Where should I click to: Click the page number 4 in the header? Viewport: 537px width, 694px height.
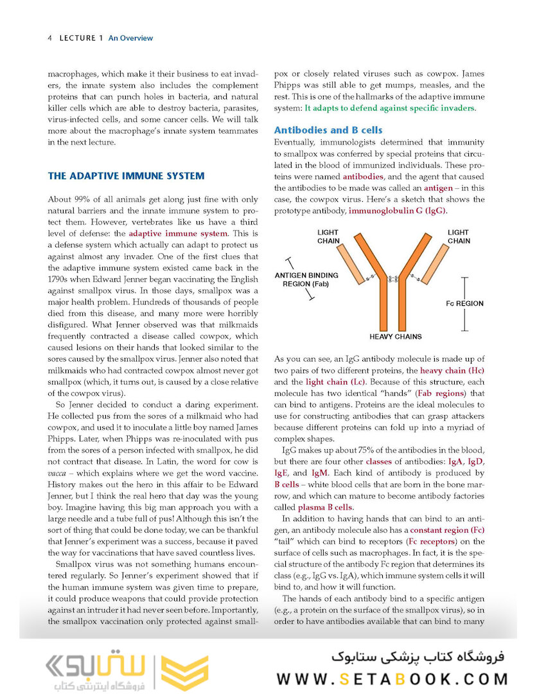click(49, 38)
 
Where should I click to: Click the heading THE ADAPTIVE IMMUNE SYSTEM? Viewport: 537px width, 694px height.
click(126, 175)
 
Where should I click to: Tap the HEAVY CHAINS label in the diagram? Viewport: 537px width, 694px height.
click(396, 336)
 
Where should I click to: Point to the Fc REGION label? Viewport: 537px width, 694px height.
click(464, 303)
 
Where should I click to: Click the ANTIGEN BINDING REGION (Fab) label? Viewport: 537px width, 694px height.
click(306, 280)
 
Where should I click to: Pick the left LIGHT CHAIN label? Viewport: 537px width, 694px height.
click(328, 236)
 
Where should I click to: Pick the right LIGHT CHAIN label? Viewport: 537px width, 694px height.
click(458, 236)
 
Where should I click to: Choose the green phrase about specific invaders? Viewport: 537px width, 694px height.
click(389, 108)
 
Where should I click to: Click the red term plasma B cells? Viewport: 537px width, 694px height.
click(325, 507)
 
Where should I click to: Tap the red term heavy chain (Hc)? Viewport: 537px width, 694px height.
click(452, 371)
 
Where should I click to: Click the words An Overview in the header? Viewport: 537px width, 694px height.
click(130, 38)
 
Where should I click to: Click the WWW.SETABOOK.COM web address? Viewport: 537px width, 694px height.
click(392, 679)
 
